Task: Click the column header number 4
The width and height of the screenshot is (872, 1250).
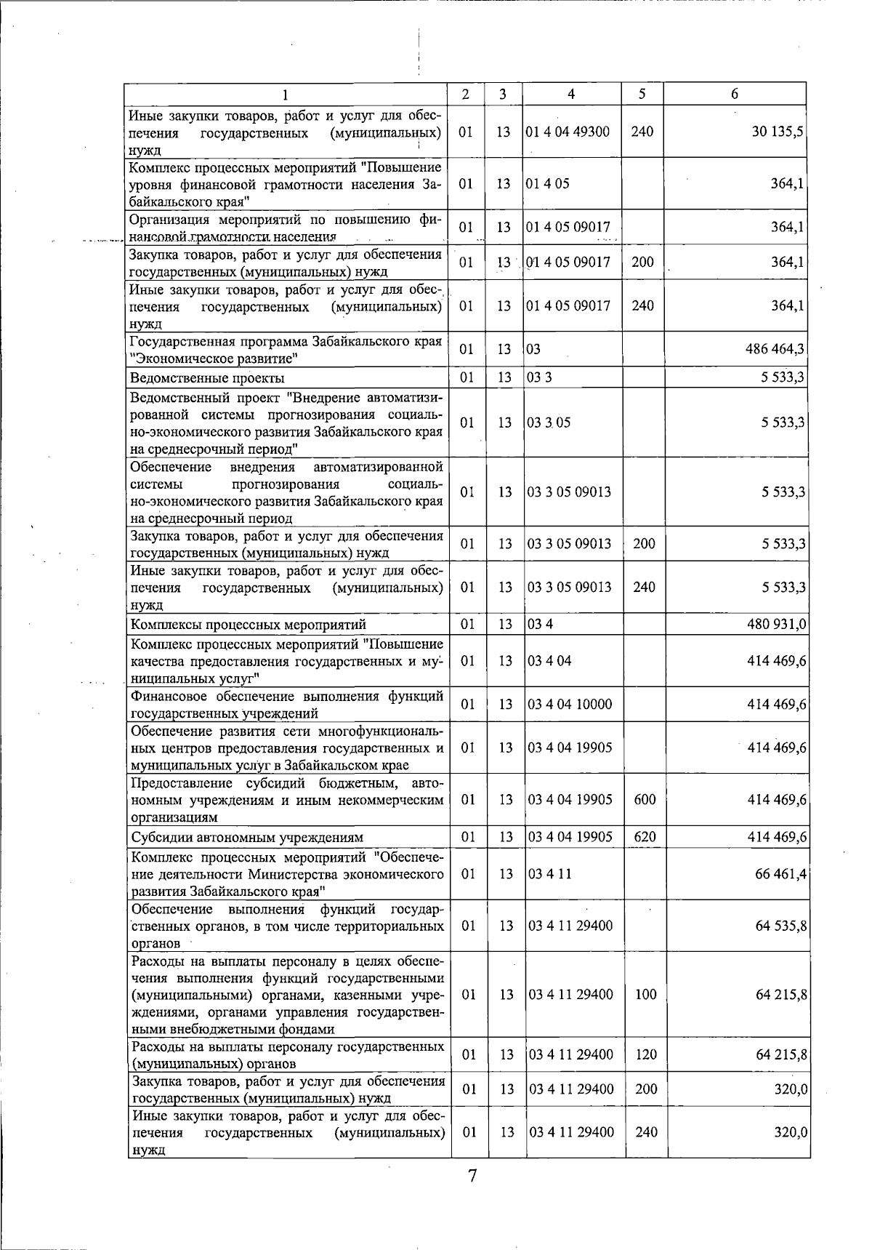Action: point(571,94)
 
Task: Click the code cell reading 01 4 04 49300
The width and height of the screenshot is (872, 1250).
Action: point(568,132)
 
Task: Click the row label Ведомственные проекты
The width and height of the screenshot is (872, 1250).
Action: point(207,378)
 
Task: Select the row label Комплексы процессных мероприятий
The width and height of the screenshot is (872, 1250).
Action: point(248,625)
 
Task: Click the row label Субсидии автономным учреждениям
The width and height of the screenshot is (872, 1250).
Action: point(247,837)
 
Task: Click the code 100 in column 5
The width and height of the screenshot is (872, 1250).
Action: point(645,994)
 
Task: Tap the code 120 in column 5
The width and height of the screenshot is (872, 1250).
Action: point(645,1054)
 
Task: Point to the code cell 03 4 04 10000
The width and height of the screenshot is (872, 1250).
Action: point(570,704)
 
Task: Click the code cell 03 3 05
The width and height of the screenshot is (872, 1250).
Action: point(549,422)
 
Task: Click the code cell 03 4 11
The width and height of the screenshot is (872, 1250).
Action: point(549,873)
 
